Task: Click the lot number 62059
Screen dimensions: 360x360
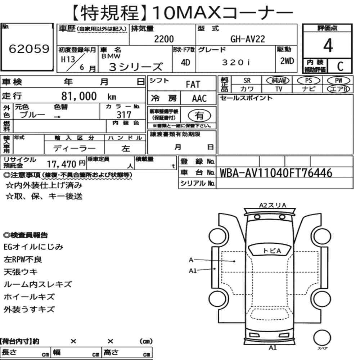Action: (29, 49)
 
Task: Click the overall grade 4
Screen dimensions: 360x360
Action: (328, 45)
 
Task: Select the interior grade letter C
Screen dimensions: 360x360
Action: (340, 66)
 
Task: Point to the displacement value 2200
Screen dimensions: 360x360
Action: (164, 39)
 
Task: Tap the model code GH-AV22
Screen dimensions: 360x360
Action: (248, 39)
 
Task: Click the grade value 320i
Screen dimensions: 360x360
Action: (236, 62)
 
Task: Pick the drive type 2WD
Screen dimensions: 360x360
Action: (287, 61)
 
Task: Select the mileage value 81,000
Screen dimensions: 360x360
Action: (79, 96)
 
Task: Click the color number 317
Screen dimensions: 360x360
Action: (124, 115)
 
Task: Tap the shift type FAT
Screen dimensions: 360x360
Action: (193, 85)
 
